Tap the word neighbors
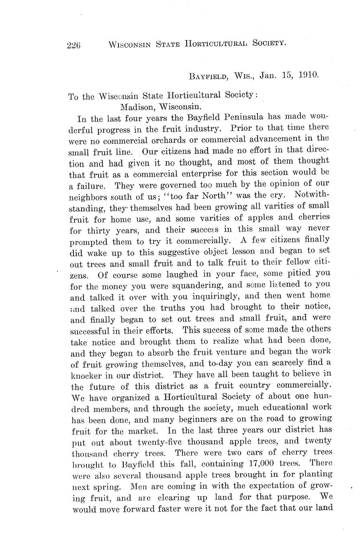click(x=90, y=197)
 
